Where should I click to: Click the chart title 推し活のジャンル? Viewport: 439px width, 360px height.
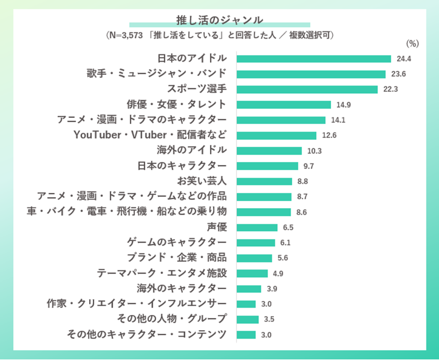click(x=219, y=20)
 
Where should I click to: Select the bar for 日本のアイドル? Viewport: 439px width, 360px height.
click(x=314, y=59)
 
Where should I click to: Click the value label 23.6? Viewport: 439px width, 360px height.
click(x=399, y=74)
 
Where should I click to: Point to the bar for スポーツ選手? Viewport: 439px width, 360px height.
click(x=307, y=90)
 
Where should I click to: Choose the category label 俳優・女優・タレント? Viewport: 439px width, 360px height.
click(x=177, y=104)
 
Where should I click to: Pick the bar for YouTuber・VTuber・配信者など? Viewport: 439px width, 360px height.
click(x=277, y=136)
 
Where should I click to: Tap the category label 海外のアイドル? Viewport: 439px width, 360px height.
click(x=192, y=150)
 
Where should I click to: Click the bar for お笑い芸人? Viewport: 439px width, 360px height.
click(x=264, y=181)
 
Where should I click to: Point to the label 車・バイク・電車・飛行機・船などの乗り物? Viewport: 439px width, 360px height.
click(x=127, y=212)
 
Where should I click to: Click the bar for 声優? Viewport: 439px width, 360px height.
click(x=257, y=227)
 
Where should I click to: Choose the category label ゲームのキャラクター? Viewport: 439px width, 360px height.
click(x=177, y=243)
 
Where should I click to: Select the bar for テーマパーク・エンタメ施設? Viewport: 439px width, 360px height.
click(x=252, y=274)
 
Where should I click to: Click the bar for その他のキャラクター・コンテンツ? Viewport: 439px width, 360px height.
click(x=246, y=335)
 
